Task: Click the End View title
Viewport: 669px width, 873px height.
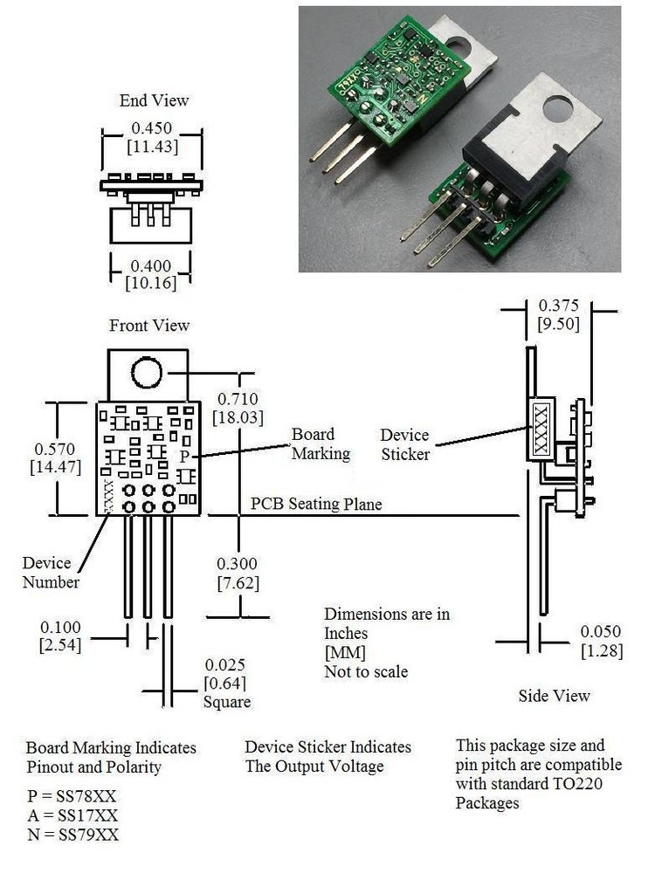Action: (x=154, y=100)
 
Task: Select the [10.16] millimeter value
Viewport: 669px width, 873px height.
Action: (x=151, y=283)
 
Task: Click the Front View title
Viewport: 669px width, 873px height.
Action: (x=149, y=326)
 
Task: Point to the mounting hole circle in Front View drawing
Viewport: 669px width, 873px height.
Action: (x=147, y=374)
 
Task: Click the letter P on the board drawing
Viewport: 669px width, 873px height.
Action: (x=183, y=457)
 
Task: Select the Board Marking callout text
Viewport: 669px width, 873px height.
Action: (x=321, y=443)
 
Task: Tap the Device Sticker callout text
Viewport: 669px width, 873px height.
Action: (x=405, y=444)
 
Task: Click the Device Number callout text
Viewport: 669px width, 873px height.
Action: (x=51, y=573)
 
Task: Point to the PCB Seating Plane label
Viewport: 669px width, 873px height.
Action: (x=316, y=504)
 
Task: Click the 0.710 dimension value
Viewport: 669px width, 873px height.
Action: (x=238, y=399)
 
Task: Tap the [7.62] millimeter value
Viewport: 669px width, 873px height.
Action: (x=238, y=582)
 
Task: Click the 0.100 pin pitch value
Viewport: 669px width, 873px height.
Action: (x=61, y=627)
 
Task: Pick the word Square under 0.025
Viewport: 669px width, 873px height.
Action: (x=227, y=702)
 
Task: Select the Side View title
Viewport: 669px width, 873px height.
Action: (x=554, y=696)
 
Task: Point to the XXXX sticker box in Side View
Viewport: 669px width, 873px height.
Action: (x=540, y=429)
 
